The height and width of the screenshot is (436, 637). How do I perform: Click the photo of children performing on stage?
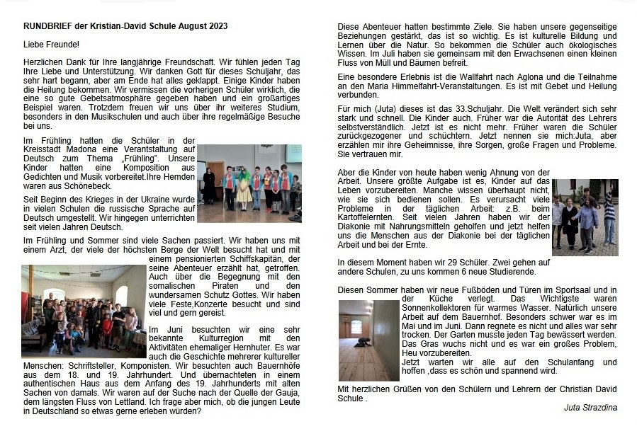pyautogui.click(x=249, y=176)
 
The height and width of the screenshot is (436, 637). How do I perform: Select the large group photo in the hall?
pyautogui.click(x=83, y=311)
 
